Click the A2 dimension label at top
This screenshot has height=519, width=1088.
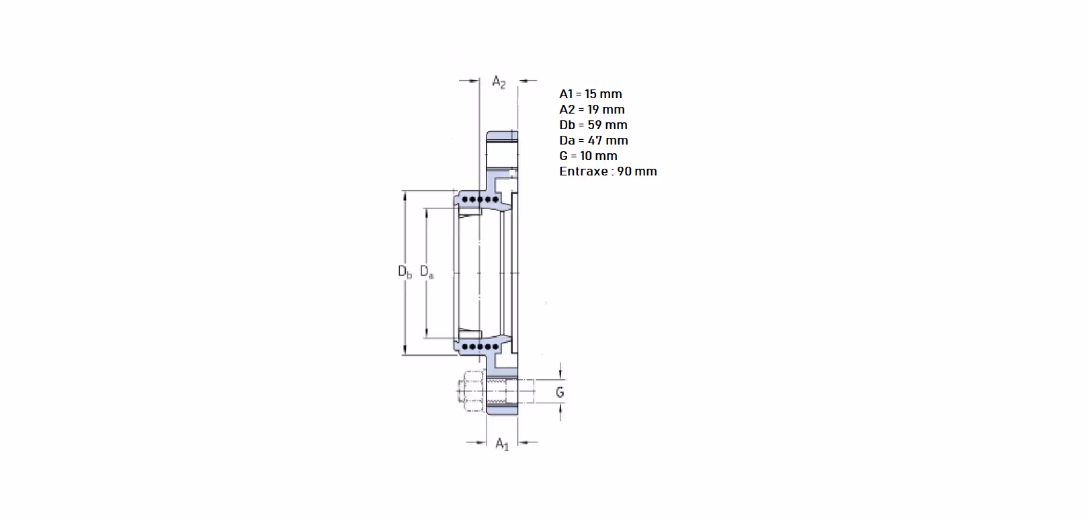click(499, 81)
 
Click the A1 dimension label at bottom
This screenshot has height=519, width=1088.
click(502, 444)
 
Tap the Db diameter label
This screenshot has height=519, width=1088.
click(405, 272)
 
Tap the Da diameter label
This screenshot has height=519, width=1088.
click(427, 272)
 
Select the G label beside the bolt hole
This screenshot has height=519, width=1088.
click(560, 392)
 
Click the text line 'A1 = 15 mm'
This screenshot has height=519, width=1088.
click(590, 94)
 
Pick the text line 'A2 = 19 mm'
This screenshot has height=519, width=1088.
click(591, 110)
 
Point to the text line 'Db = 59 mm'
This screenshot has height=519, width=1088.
click(593, 125)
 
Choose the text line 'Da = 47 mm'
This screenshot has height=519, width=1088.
click(593, 141)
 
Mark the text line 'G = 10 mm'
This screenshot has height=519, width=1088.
click(588, 156)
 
